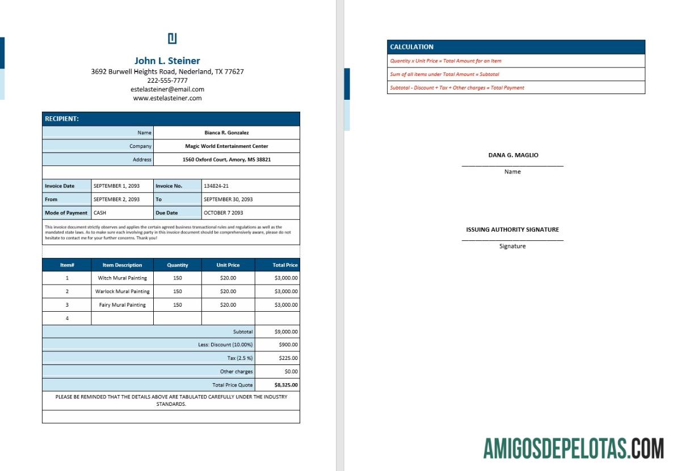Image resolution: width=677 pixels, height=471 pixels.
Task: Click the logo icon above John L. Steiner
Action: (173, 39)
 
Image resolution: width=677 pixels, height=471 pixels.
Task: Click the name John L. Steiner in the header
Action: (167, 61)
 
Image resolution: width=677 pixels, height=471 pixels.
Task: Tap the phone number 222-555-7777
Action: (167, 80)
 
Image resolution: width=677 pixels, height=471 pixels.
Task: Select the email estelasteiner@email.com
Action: (167, 90)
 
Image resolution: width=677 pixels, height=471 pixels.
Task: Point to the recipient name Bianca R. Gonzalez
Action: (226, 133)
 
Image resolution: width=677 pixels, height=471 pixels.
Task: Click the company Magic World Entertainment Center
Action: (226, 146)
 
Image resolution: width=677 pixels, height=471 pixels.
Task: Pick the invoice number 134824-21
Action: (216, 186)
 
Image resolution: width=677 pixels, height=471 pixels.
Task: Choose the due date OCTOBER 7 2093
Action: (223, 213)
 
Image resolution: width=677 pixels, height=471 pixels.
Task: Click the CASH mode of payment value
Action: (100, 213)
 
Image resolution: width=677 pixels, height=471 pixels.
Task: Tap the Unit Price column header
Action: (228, 265)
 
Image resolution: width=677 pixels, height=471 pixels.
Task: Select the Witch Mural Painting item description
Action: (122, 278)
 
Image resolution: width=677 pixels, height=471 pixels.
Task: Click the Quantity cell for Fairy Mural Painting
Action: (178, 305)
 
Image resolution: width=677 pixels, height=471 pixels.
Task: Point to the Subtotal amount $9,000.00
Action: (286, 332)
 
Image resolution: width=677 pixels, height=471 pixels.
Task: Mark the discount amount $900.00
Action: (288, 345)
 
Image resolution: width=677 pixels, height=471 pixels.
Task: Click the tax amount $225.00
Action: (288, 358)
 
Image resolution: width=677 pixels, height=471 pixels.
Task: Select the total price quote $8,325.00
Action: (286, 385)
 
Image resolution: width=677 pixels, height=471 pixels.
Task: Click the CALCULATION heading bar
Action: (516, 47)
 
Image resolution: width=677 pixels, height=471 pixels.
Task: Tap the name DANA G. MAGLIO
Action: (513, 155)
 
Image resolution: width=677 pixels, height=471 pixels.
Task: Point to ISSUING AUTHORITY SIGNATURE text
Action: (512, 230)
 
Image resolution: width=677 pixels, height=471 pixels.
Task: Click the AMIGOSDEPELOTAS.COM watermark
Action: (573, 448)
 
